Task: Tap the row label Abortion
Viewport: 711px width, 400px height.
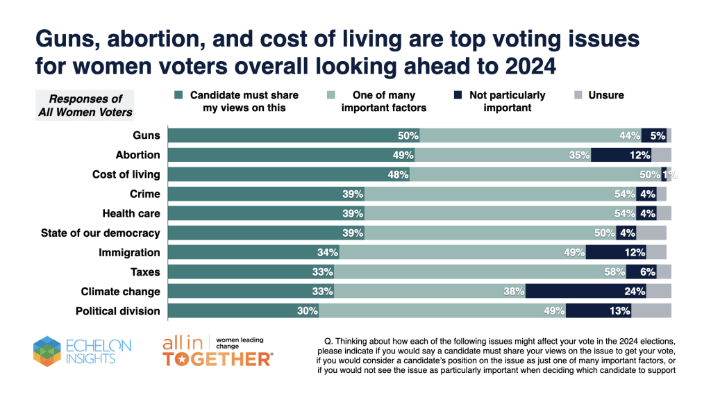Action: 137,155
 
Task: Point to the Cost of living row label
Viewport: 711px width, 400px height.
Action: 126,174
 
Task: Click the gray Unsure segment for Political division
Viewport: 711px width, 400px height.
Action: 651,310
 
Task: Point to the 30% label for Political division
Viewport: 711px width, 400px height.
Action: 307,310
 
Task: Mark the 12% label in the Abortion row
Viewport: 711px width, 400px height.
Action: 639,155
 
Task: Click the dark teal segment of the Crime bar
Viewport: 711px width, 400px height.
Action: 264,194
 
